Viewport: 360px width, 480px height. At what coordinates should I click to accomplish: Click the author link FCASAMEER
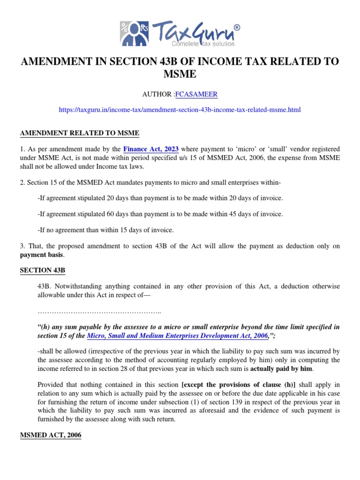(x=196, y=95)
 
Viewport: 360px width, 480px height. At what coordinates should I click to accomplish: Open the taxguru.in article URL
(x=180, y=110)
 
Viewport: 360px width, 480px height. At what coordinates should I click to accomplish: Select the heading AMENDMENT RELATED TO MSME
(x=80, y=133)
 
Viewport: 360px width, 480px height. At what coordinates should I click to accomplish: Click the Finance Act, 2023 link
(x=151, y=148)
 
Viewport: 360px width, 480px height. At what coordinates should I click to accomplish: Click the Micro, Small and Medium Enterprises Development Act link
(x=177, y=336)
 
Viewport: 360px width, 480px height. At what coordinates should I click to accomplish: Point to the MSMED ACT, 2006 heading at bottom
(x=51, y=435)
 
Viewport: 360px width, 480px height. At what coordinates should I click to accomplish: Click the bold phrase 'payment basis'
(x=42, y=255)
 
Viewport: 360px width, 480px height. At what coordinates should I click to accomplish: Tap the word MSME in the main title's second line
(x=180, y=75)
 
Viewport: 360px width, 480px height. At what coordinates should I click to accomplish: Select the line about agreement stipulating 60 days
(x=160, y=214)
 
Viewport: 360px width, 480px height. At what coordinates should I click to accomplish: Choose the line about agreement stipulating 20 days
(x=160, y=198)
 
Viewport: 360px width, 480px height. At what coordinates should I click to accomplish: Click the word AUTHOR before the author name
(x=157, y=95)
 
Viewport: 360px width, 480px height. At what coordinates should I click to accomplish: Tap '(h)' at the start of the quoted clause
(x=45, y=327)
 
